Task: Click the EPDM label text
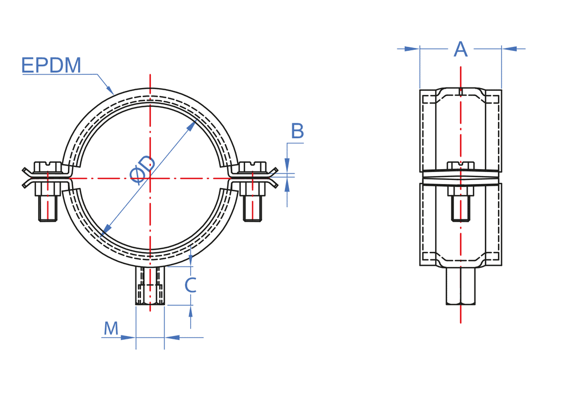51,66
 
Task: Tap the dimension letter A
461,49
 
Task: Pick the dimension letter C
191,285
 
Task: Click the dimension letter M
111,329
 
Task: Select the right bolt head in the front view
252,166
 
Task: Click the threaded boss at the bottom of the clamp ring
150,285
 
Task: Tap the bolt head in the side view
461,166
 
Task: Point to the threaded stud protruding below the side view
461,285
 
